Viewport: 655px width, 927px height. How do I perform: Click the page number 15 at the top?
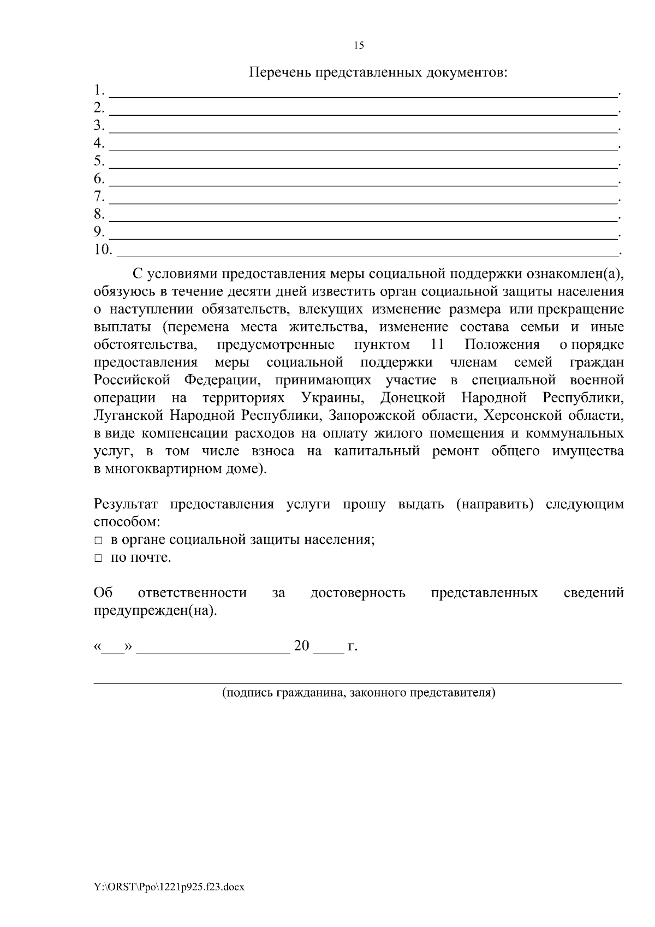(x=359, y=46)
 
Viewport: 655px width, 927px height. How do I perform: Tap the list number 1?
(x=98, y=90)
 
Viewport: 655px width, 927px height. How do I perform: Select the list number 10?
(x=102, y=250)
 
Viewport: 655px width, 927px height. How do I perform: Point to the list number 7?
(x=98, y=197)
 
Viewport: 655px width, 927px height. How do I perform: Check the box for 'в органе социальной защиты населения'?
(x=98, y=540)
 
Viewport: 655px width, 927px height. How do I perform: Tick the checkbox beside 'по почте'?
(x=98, y=558)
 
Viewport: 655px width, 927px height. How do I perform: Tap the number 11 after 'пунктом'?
(x=437, y=344)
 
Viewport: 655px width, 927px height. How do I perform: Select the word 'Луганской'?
(x=128, y=415)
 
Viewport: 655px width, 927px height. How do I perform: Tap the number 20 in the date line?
(x=301, y=646)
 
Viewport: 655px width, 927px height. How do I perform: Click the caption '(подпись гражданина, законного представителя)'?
(x=359, y=693)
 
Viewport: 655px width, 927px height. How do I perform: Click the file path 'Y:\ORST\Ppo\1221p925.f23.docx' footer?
(x=169, y=887)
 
